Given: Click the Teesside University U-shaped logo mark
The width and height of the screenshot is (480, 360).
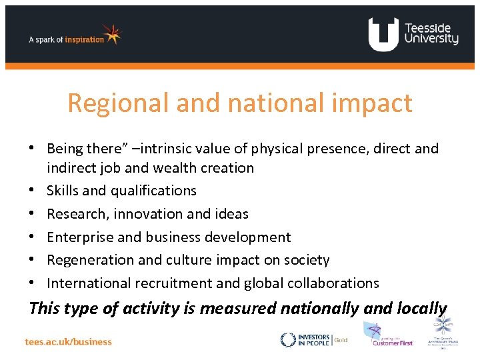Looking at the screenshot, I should pyautogui.click(x=383, y=34).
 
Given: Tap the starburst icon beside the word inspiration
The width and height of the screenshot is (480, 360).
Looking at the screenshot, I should pyautogui.click(x=113, y=34).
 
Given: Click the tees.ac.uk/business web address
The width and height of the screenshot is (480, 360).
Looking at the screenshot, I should pyautogui.click(x=69, y=341).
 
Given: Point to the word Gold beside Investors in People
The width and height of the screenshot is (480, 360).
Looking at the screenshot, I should pyautogui.click(x=341, y=339).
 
